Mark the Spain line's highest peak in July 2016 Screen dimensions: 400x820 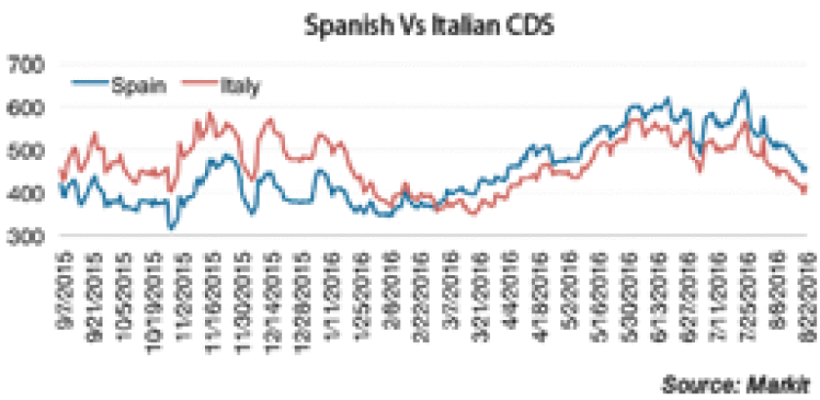[745, 92]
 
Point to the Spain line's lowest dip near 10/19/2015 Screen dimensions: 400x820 [171, 228]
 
